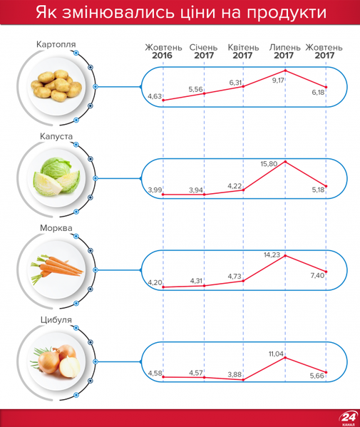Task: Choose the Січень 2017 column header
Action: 204,51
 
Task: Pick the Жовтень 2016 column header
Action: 163,51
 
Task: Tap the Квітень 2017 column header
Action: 244,51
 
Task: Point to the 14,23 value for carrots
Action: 272,254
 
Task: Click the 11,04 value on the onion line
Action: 277,353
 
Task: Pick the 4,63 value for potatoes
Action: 155,96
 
